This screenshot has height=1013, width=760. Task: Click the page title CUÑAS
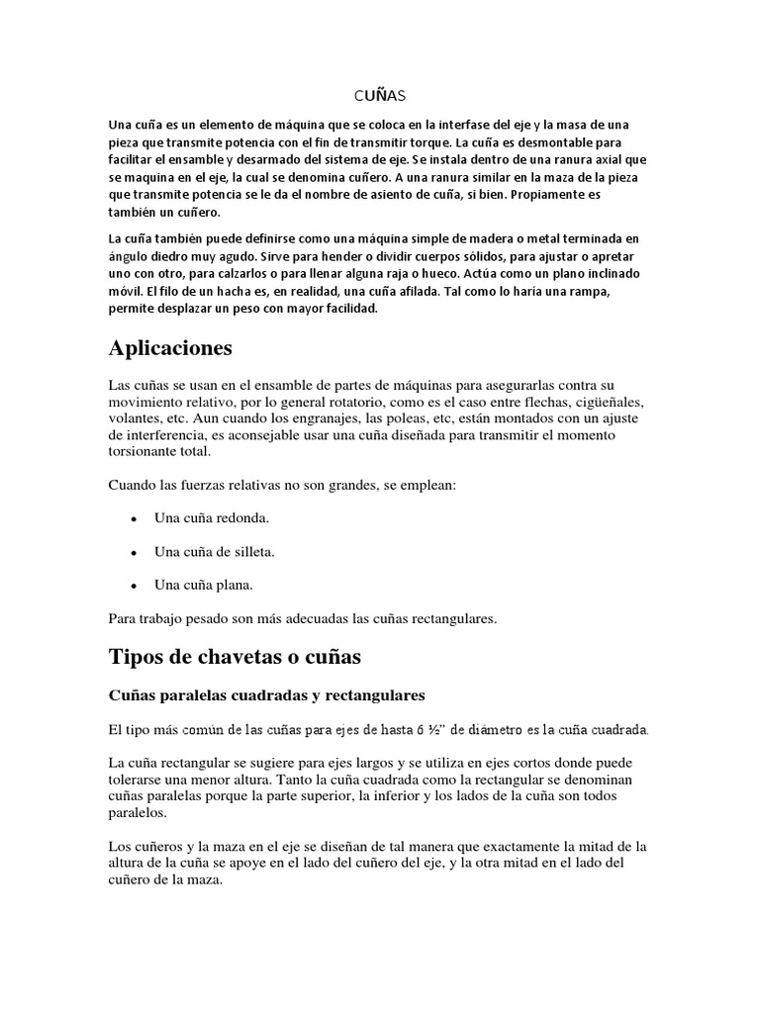pyautogui.click(x=379, y=96)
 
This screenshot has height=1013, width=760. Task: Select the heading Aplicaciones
pyautogui.click(x=170, y=348)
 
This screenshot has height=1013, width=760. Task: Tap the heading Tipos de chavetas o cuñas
pyautogui.click(x=235, y=656)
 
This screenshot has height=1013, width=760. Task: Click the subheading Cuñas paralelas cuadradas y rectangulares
pyautogui.click(x=265, y=694)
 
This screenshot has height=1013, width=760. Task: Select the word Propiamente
pyautogui.click(x=541, y=195)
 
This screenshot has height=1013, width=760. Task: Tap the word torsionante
pyautogui.click(x=145, y=452)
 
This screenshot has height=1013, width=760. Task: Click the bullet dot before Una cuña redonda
pyautogui.click(x=133, y=518)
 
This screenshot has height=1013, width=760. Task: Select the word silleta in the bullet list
pyautogui.click(x=249, y=551)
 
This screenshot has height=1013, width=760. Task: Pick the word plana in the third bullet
pyautogui.click(x=234, y=585)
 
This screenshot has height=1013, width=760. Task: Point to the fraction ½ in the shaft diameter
pyautogui.click(x=432, y=730)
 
